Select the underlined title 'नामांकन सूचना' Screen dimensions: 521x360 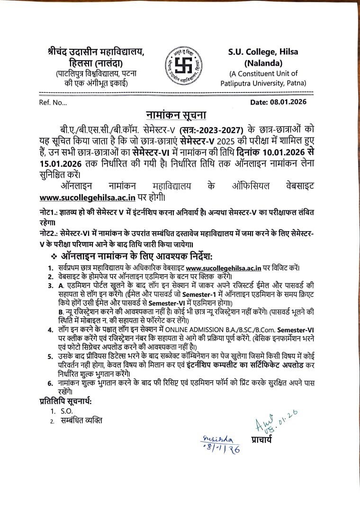click(176, 116)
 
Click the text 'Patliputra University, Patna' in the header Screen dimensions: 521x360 click(263, 83)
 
